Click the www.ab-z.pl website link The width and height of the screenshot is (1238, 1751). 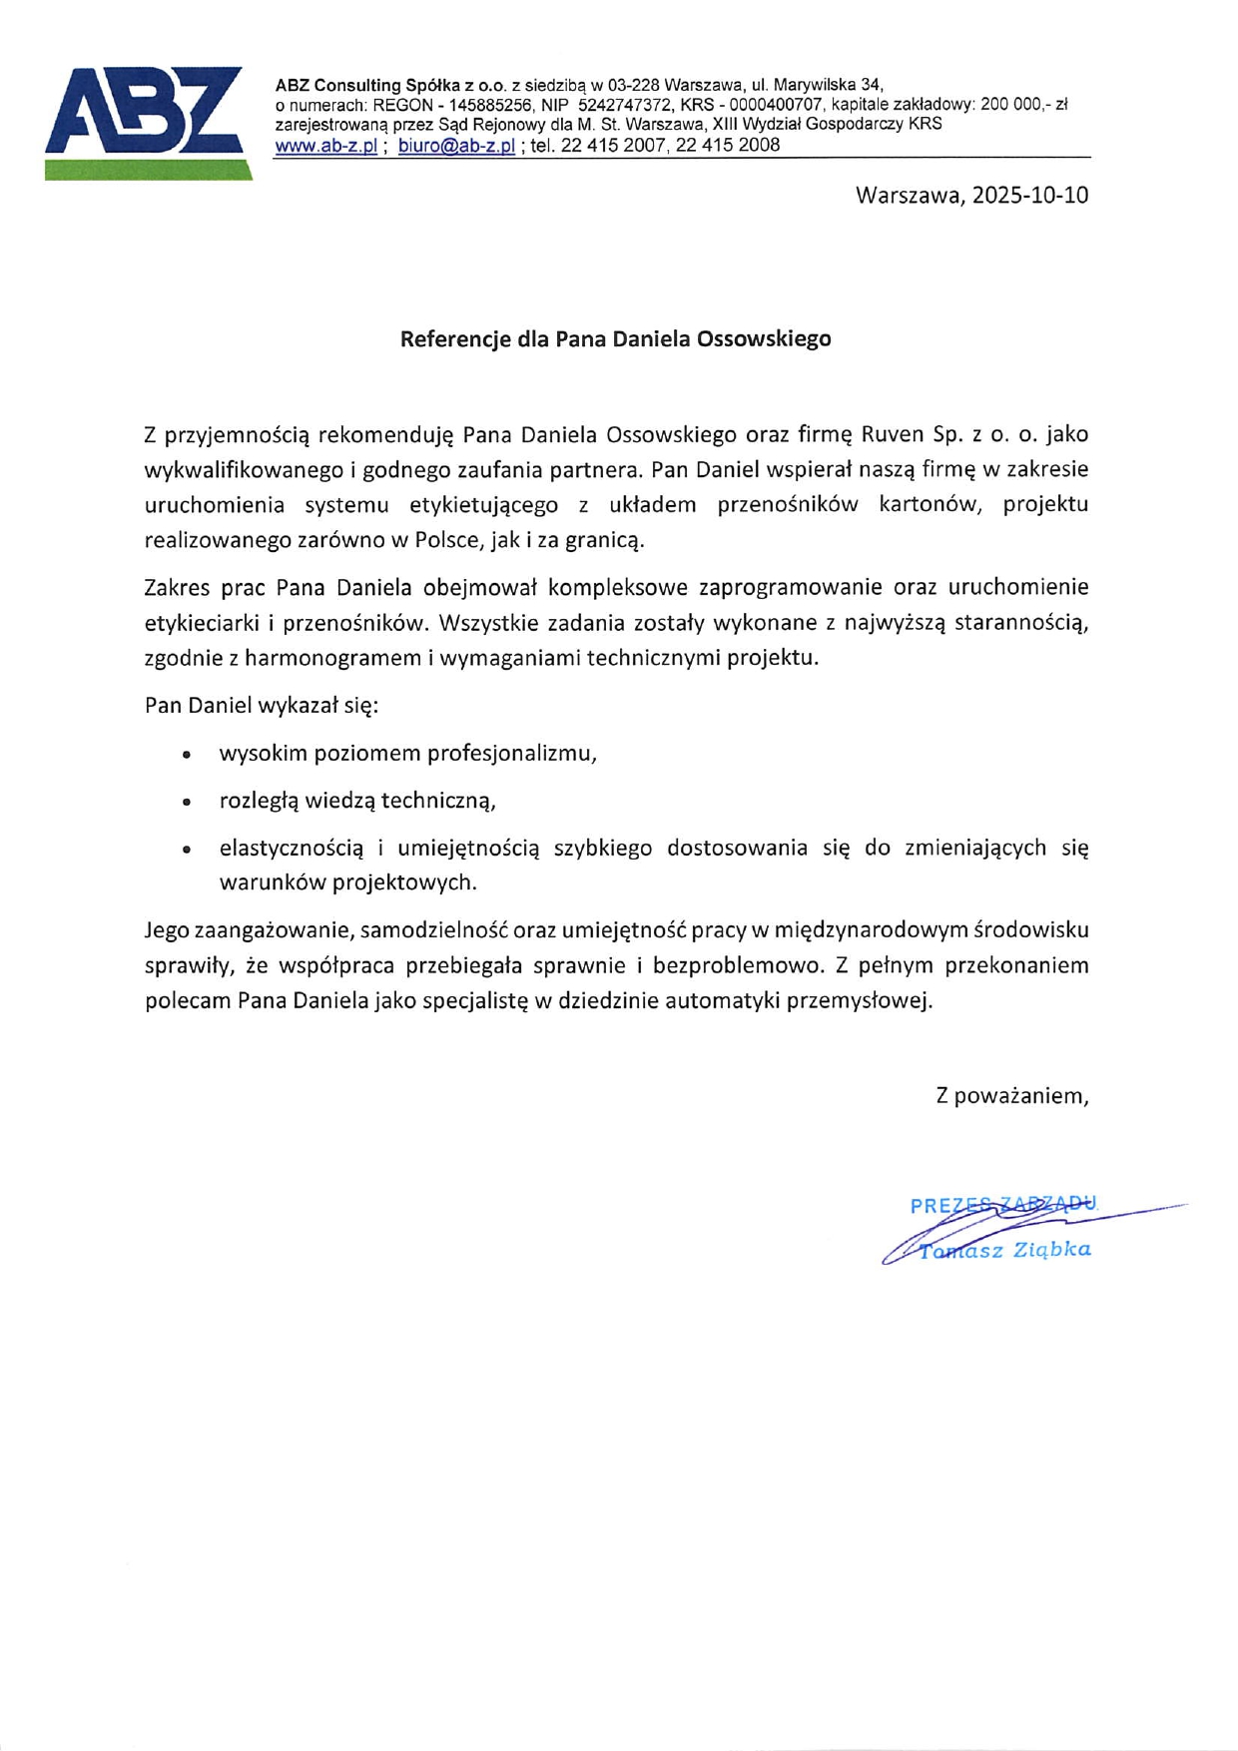coord(325,146)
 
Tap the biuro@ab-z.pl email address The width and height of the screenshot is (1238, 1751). coord(456,146)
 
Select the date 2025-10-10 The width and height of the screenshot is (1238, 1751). coord(1030,195)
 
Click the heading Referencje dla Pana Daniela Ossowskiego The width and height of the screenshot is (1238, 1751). coord(615,339)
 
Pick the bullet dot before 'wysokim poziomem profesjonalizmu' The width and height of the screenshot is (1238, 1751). coord(187,755)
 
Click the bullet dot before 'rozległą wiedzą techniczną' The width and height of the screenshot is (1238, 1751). coord(187,802)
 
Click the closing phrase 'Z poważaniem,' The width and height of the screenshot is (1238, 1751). coord(1011,1096)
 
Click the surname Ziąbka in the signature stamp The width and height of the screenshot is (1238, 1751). coord(1051,1250)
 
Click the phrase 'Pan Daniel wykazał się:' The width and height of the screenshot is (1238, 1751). coord(262,706)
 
